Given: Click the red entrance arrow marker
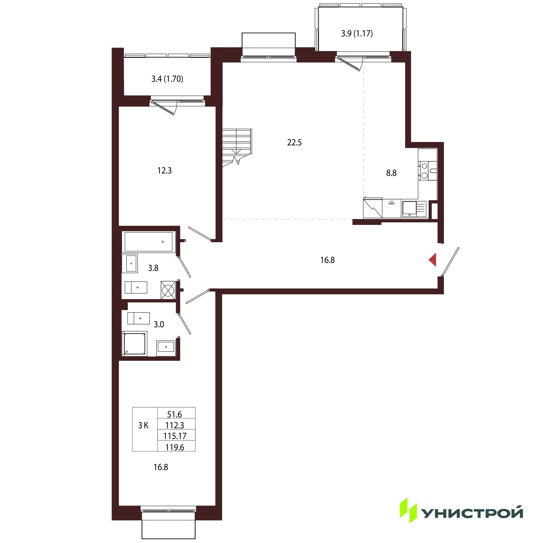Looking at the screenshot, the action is click(433, 260).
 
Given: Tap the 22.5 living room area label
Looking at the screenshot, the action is click(294, 143).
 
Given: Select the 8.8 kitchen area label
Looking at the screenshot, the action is click(391, 173).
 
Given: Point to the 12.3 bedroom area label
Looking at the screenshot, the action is click(165, 170).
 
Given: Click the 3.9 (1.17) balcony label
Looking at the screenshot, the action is click(357, 33).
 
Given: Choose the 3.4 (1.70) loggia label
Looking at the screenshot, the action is click(167, 79).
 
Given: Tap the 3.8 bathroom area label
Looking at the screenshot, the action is click(153, 268).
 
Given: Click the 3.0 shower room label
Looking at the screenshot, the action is click(159, 324).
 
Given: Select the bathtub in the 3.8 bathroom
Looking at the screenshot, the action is click(149, 242).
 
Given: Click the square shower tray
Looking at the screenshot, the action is click(135, 344).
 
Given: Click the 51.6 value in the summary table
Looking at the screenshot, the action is click(175, 414).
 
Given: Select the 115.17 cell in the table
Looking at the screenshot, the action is click(175, 436).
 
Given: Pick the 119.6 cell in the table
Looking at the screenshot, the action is click(175, 447).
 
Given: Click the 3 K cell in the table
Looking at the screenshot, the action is click(143, 425).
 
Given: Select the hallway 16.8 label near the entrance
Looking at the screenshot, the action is click(327, 260).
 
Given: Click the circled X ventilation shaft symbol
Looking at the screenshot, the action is click(168, 290).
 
